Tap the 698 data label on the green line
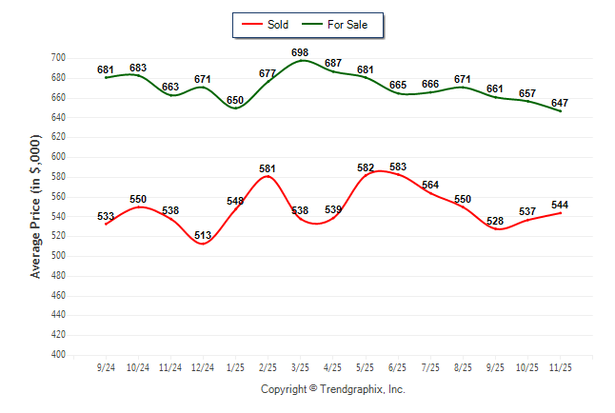pyautogui.click(x=300, y=51)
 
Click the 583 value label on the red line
pyautogui.click(x=398, y=167)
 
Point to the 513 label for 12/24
pyautogui.click(x=203, y=235)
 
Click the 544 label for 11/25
pyautogui.click(x=562, y=204)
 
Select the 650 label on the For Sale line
pyautogui.click(x=235, y=100)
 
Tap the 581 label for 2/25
pyautogui.click(x=268, y=168)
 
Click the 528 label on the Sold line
pyautogui.click(x=496, y=221)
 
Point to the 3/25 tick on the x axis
pyautogui.click(x=301, y=366)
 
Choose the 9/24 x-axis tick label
pyautogui.click(x=106, y=366)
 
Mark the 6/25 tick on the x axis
pyautogui.click(x=398, y=366)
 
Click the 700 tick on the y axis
pyautogui.click(x=57, y=58)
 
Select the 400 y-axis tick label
pyautogui.click(x=57, y=355)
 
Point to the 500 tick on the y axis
pyautogui.click(x=57, y=256)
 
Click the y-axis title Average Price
pyautogui.click(x=36, y=205)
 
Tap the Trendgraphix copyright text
pyautogui.click(x=333, y=389)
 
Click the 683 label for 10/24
pyautogui.click(x=138, y=68)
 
